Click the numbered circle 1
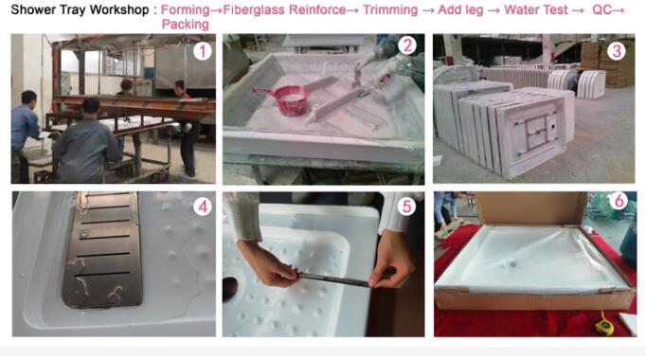point(203,52)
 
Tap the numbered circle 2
point(407,45)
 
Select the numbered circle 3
point(617,51)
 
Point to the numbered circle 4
point(203,207)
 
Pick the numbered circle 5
point(406,207)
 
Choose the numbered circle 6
point(619,201)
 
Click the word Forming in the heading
point(185,9)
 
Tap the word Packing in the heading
point(186,25)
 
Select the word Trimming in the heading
point(390,9)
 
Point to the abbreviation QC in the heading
point(601,9)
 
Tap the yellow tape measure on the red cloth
point(603,325)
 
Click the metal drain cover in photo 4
point(102,249)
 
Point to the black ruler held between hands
point(334,279)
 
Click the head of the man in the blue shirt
point(28,99)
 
